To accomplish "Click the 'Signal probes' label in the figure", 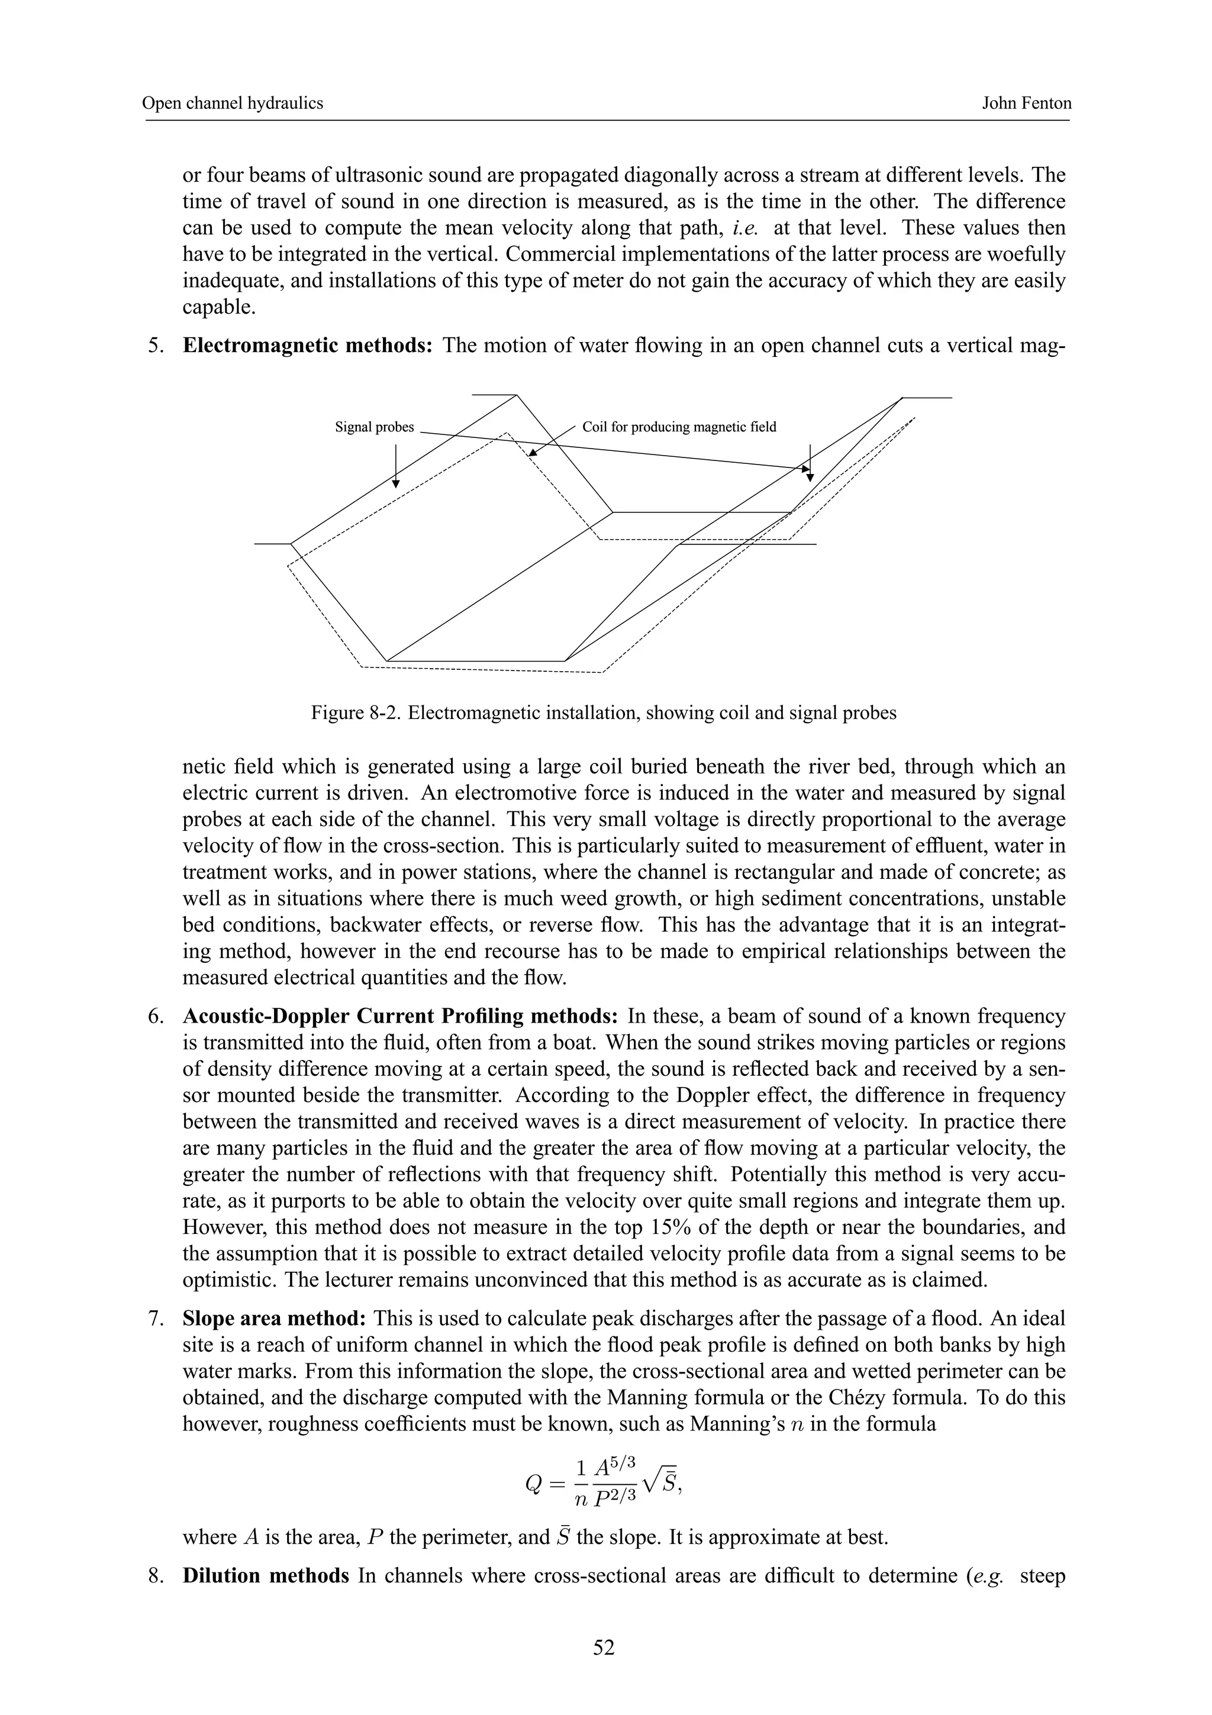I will click(x=374, y=427).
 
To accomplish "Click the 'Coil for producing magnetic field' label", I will click(x=679, y=427).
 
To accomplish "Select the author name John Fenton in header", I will click(x=1026, y=103).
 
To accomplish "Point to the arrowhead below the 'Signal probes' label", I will click(x=396, y=483).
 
